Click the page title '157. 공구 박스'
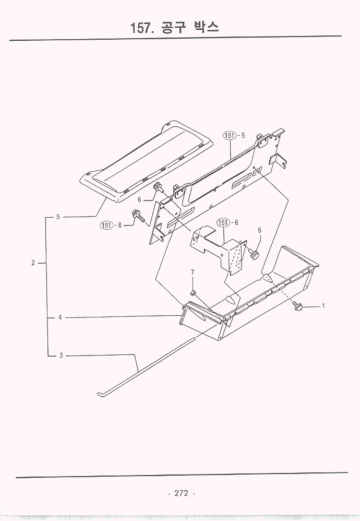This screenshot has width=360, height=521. tap(175, 27)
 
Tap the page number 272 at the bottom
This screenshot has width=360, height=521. tap(181, 493)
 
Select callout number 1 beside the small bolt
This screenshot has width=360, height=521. tap(323, 306)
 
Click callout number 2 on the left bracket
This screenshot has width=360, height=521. tap(33, 263)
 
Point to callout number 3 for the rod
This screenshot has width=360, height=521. tap(61, 356)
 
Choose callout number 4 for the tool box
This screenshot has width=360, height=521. tap(60, 317)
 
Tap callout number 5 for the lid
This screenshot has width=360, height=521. tap(58, 217)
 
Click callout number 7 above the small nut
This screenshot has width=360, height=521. tap(193, 272)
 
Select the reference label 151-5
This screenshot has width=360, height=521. tap(234, 135)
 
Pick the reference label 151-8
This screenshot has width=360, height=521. tap(111, 226)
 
